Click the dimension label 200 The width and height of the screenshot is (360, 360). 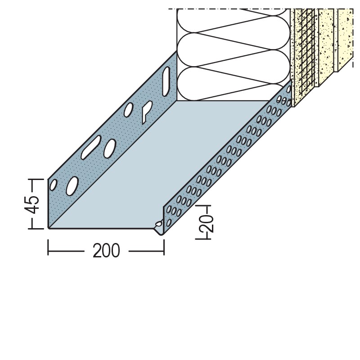point(106,251)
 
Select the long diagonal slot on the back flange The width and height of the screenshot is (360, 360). point(91,147)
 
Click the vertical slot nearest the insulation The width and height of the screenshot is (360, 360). point(166,81)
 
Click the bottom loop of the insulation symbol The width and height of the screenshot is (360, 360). point(233,84)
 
